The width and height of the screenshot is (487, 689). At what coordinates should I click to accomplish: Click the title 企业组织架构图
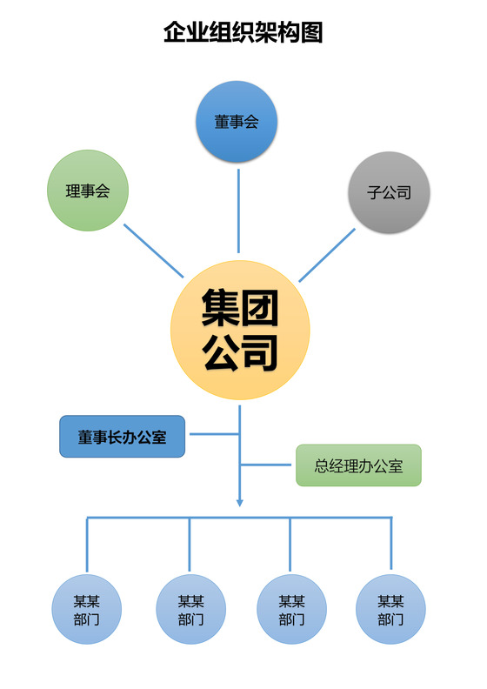pyautogui.click(x=243, y=33)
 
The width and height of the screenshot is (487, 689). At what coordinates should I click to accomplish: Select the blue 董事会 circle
pyautogui.click(x=237, y=122)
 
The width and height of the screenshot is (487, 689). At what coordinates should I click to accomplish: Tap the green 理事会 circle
pyautogui.click(x=87, y=191)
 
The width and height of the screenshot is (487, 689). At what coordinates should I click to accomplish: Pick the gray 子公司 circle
pyautogui.click(x=389, y=192)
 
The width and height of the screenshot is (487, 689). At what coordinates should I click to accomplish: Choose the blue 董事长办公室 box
pyautogui.click(x=122, y=437)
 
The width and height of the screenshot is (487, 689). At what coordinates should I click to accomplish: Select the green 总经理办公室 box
pyautogui.click(x=358, y=465)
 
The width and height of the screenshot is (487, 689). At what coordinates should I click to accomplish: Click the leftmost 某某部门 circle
pyautogui.click(x=87, y=609)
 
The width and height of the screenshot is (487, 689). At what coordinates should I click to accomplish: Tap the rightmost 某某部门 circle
pyautogui.click(x=390, y=609)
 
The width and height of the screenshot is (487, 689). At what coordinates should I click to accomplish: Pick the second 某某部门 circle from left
pyautogui.click(x=190, y=609)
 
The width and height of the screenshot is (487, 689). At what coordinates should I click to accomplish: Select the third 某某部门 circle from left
pyautogui.click(x=291, y=609)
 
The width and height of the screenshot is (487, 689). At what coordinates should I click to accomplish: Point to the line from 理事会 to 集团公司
pyautogui.click(x=154, y=251)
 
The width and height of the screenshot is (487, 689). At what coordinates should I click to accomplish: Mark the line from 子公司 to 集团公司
pyautogui.click(x=327, y=255)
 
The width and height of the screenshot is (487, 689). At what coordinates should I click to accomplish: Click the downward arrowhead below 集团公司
pyautogui.click(x=240, y=502)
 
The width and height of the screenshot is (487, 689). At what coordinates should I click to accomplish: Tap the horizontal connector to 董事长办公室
pyautogui.click(x=214, y=434)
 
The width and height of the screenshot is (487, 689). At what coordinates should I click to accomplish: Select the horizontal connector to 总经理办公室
pyautogui.click(x=267, y=465)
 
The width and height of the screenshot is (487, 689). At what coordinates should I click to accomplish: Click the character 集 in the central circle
pyautogui.click(x=222, y=307)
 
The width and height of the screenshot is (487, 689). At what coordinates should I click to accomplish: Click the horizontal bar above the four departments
pyautogui.click(x=240, y=518)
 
